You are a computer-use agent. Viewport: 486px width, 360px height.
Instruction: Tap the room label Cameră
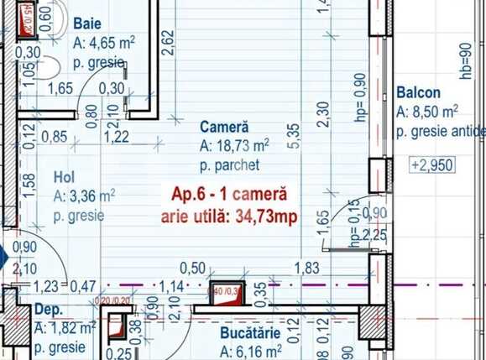pyautogui.click(x=224, y=127)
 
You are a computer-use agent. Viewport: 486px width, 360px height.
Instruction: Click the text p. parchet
pyautogui.click(x=230, y=164)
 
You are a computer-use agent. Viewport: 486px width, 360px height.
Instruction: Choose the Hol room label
pyautogui.click(x=65, y=178)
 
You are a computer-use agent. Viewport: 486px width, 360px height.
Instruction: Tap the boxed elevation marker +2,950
pyautogui.click(x=432, y=164)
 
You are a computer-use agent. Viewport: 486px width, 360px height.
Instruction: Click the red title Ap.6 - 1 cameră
pyautogui.click(x=228, y=195)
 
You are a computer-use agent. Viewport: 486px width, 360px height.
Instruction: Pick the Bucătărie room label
pyautogui.click(x=248, y=333)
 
